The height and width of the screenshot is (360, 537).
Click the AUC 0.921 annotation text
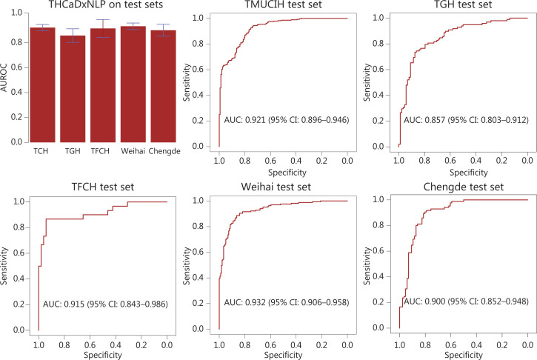coord(286,120)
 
